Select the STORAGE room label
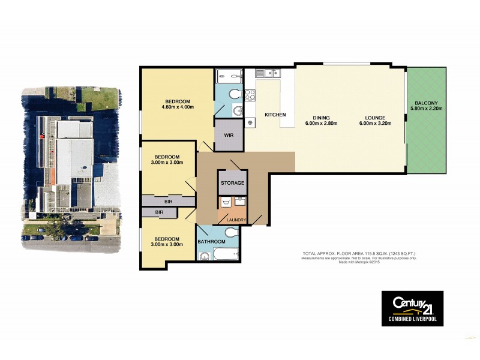(x=232, y=182)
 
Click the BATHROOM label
(x=211, y=241)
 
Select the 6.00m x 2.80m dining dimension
(x=322, y=124)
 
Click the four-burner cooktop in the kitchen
(x=250, y=94)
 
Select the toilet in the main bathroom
(x=205, y=257)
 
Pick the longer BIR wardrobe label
(x=168, y=202)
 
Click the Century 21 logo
(x=413, y=303)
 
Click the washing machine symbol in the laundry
(x=227, y=202)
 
